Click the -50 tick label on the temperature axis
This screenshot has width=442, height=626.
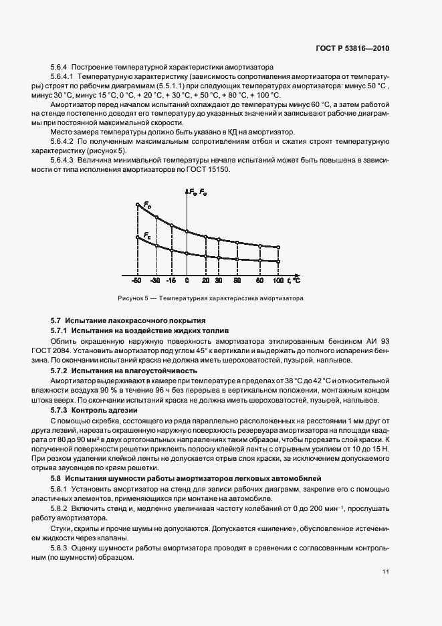pos(136,281)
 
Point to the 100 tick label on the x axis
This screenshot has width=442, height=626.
pos(278,281)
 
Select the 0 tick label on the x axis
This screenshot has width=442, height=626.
pos(187,281)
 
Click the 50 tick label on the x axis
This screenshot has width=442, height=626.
pos(237,281)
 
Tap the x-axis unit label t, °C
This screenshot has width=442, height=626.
pos(292,280)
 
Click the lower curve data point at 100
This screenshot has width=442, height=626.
pos(278,262)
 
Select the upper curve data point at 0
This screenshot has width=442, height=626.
pos(187,232)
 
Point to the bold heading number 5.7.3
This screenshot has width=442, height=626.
pos(60,409)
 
